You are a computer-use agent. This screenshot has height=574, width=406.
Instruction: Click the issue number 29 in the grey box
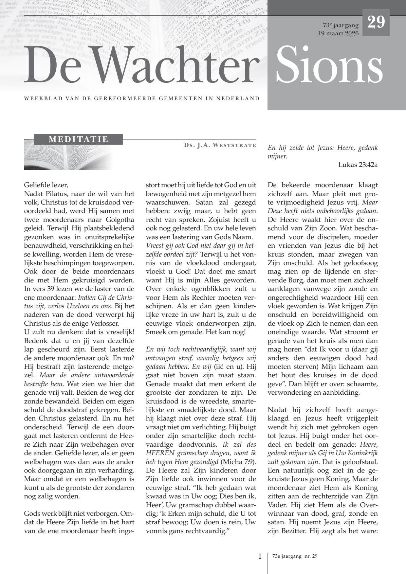(x=376, y=22)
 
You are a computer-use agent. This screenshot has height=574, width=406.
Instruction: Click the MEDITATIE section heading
(x=78, y=139)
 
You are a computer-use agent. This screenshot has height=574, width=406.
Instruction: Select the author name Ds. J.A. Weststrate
(x=220, y=145)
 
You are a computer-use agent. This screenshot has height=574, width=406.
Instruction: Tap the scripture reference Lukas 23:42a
(x=358, y=165)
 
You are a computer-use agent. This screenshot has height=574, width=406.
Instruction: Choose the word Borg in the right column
(x=306, y=280)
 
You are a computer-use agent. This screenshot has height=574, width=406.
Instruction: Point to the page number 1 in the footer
(x=260, y=556)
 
